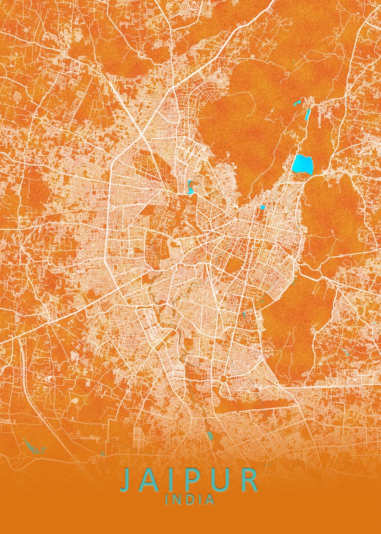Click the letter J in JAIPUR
pyautogui.click(x=127, y=480)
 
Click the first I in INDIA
pyautogui.click(x=167, y=500)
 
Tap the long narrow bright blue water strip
pyautogui.click(x=307, y=115)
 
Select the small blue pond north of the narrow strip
pyautogui.click(x=297, y=104)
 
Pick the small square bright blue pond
pyautogui.click(x=262, y=207)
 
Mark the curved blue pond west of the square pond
pyautogui.click(x=191, y=187)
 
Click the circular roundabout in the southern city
pyautogui.click(x=223, y=379)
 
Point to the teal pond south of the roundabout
pyautogui.click(x=210, y=435)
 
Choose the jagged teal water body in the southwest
pyautogui.click(x=33, y=446)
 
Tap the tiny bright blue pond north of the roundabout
pyautogui.click(x=244, y=314)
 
